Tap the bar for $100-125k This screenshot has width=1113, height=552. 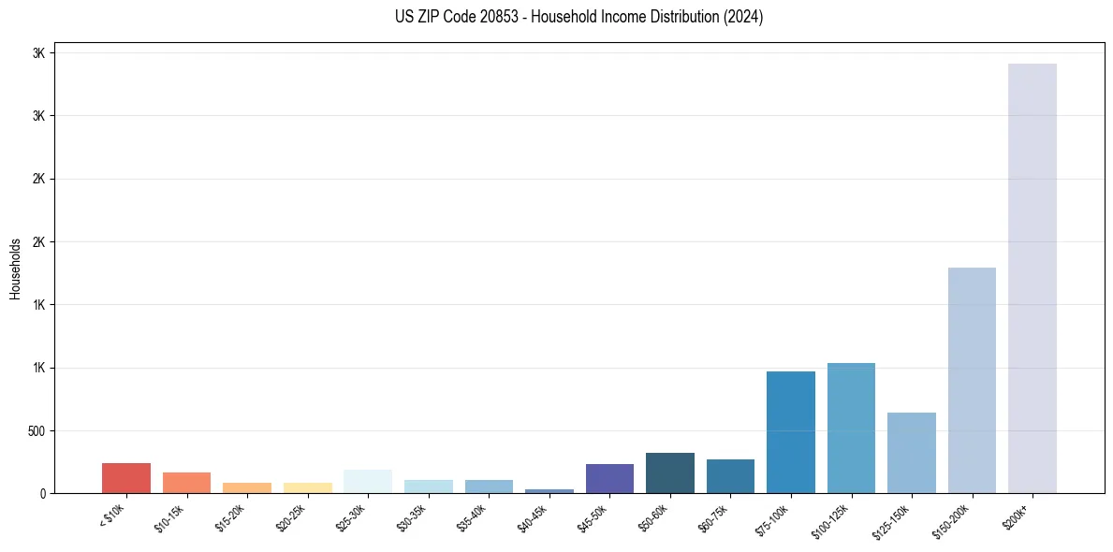851,428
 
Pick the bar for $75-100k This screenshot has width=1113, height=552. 790,431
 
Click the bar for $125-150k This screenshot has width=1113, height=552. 911,453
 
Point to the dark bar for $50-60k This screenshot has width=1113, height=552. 669,472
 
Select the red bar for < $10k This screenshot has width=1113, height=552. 126,478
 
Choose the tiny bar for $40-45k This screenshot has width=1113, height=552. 549,490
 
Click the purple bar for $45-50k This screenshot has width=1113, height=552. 609,478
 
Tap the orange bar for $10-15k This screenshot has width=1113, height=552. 186,483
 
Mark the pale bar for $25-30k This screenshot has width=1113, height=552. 368,481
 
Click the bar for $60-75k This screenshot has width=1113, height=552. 730,476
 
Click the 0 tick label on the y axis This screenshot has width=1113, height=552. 40,494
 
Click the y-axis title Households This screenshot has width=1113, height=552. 15,269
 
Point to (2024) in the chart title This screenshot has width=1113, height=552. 743,17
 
